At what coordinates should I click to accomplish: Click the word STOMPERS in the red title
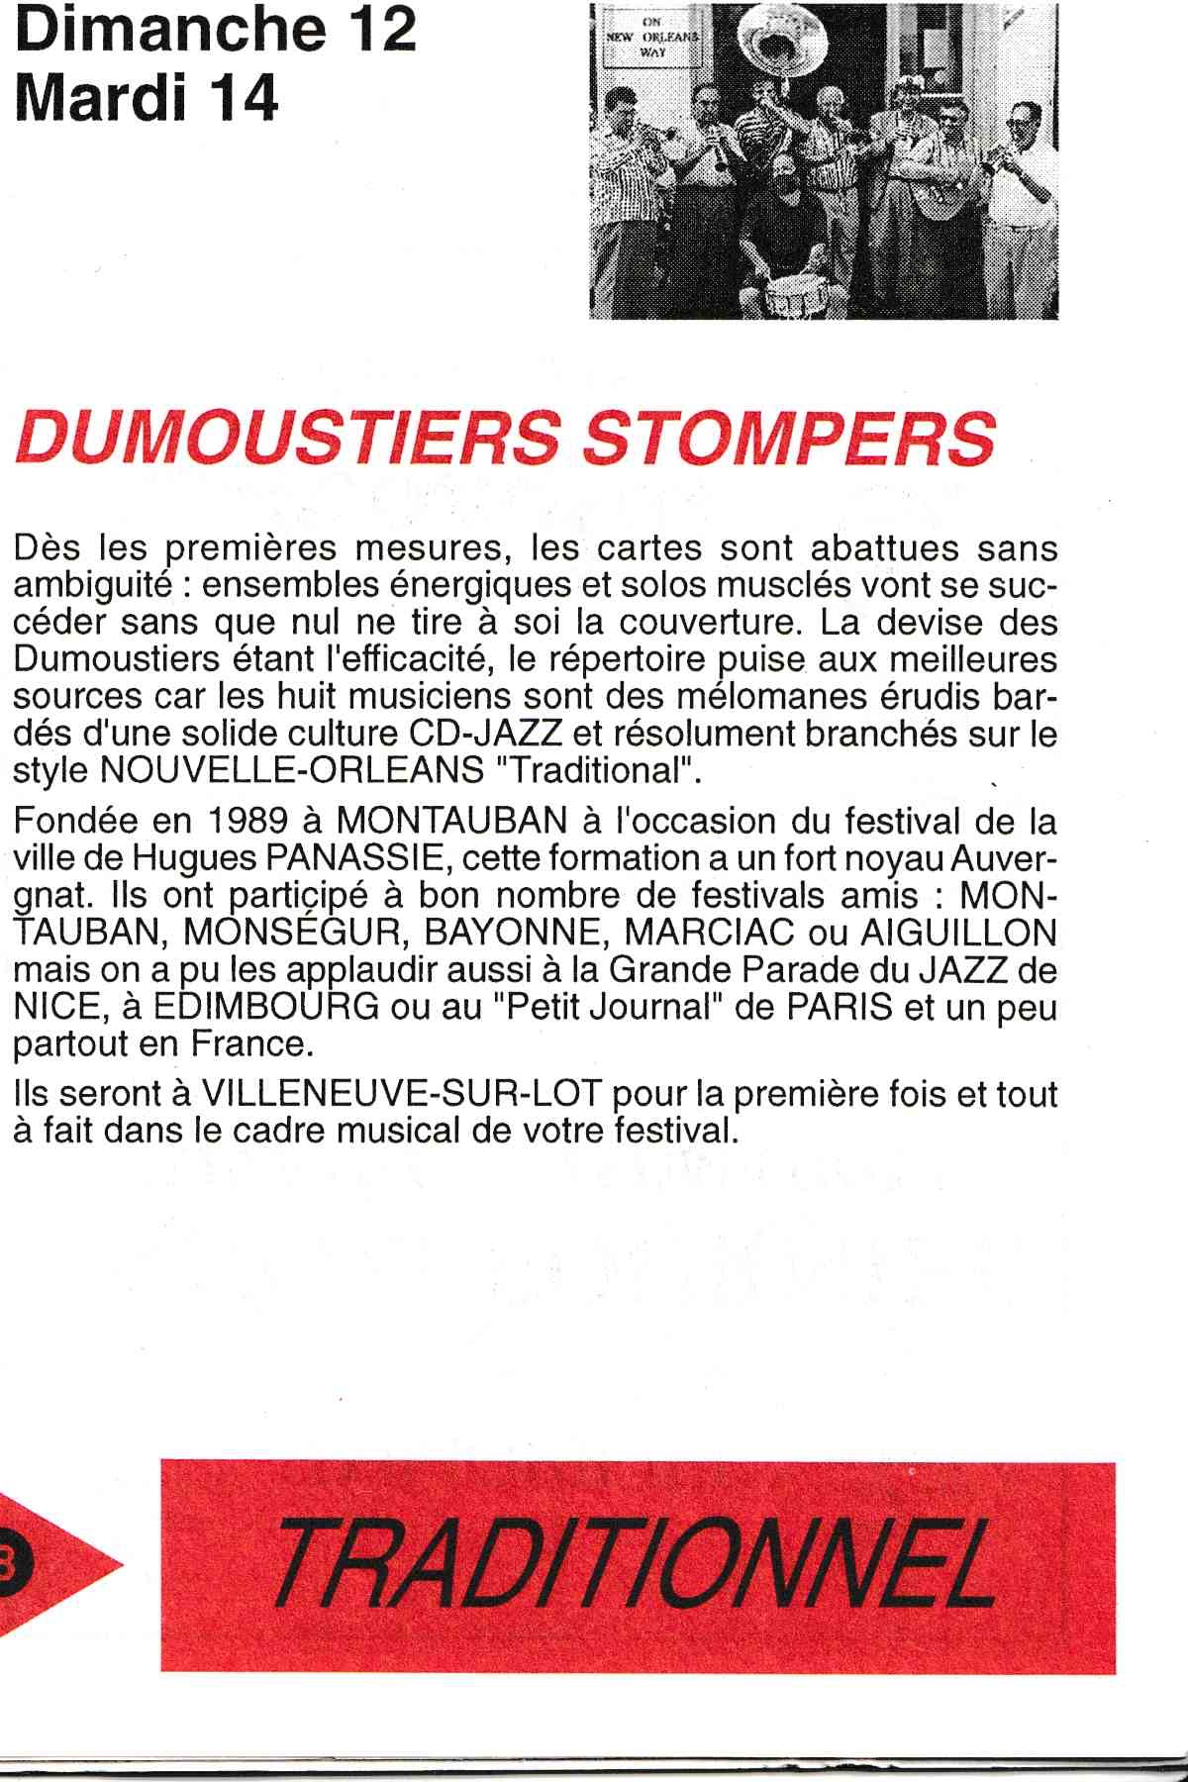pos(788,439)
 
